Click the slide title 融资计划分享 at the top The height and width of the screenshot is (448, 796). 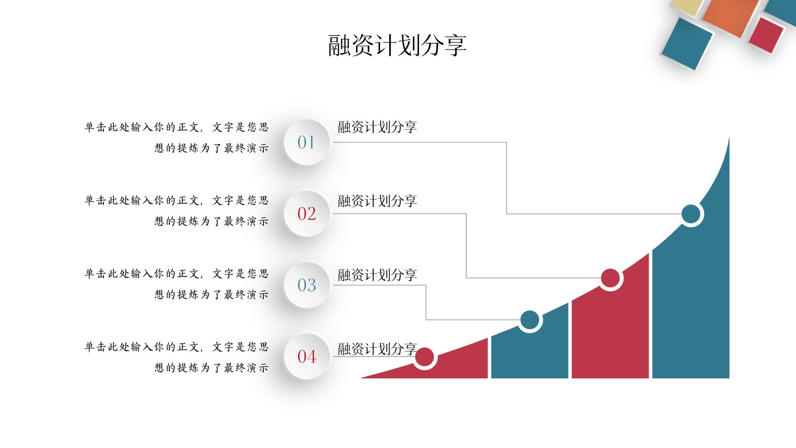[398, 45]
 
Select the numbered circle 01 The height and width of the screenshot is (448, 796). [306, 142]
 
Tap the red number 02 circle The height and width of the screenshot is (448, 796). [306, 213]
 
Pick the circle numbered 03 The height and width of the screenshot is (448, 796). [306, 285]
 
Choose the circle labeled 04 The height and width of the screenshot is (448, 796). [306, 356]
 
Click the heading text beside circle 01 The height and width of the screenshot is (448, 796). [377, 127]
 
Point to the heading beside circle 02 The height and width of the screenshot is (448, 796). [377, 200]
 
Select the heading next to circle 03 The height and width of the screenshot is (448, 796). [377, 275]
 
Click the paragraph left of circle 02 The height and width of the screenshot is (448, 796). [176, 211]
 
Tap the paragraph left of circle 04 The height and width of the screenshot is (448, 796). [176, 357]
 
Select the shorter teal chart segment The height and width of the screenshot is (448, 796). [530, 350]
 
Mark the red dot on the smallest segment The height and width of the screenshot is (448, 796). [425, 357]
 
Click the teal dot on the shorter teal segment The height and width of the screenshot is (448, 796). [530, 320]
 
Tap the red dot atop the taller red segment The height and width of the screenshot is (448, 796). [610, 278]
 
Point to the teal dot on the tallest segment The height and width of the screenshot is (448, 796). [691, 214]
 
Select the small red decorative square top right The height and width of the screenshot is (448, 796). [766, 35]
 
